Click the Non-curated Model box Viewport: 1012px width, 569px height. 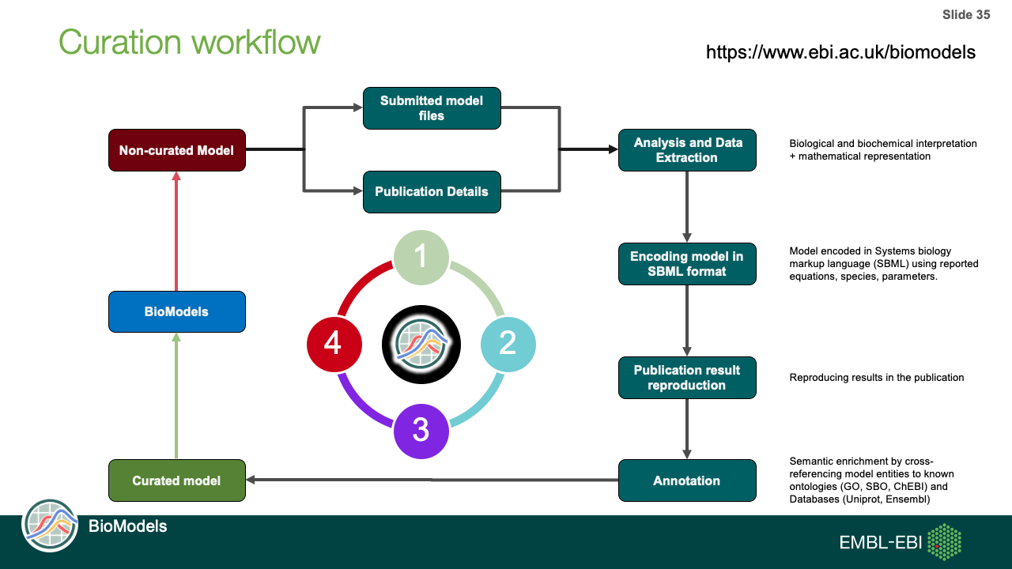click(176, 150)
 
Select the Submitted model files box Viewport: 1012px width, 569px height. click(432, 108)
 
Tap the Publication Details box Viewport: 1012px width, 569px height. click(432, 192)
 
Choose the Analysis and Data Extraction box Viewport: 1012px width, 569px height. click(687, 150)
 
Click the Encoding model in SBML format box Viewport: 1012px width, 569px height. click(687, 264)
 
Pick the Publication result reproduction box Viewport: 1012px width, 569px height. click(687, 378)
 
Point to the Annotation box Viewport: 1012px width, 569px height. click(687, 480)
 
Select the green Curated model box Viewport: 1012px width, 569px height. click(176, 480)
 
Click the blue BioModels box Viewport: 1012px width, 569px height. click(176, 311)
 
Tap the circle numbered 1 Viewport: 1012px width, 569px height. click(421, 257)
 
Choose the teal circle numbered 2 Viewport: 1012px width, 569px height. click(508, 344)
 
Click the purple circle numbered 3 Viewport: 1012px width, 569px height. click(421, 431)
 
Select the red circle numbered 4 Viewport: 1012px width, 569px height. click(334, 344)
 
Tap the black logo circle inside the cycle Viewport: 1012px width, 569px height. click(421, 344)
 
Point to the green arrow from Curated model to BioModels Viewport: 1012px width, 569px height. click(176, 395)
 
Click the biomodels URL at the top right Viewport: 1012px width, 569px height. click(840, 52)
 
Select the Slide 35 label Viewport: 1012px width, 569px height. click(965, 15)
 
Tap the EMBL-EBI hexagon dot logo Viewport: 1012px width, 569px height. click(944, 542)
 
